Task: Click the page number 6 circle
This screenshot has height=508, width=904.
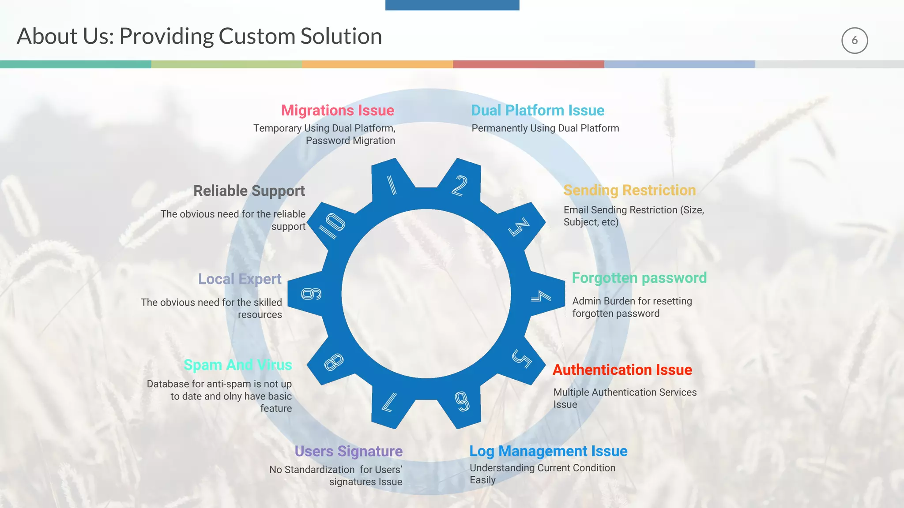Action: [x=855, y=41]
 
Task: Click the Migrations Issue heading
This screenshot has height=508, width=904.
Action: [x=338, y=110]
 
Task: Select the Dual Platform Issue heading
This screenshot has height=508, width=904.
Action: [x=538, y=110]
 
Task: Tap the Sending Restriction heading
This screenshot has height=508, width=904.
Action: [x=629, y=190]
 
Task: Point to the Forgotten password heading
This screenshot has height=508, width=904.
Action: [x=639, y=278]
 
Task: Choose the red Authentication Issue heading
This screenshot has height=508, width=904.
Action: [x=622, y=370]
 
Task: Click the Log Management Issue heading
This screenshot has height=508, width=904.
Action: [x=548, y=451]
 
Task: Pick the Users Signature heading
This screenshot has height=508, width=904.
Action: [x=349, y=451]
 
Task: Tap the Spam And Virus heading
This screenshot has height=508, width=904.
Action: [x=238, y=365]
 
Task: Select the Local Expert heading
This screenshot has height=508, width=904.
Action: [x=240, y=279]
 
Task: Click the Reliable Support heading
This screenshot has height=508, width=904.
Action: [x=249, y=191]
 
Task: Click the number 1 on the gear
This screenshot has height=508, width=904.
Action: [x=392, y=185]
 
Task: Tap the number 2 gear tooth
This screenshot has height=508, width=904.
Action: [x=460, y=186]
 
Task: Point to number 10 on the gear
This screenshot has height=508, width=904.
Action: [x=332, y=225]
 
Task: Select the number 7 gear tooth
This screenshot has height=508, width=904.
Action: [x=389, y=403]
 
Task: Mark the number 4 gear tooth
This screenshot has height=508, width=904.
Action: [x=541, y=296]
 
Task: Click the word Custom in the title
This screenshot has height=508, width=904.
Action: [x=257, y=36]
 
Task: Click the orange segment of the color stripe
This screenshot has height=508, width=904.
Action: [x=377, y=64]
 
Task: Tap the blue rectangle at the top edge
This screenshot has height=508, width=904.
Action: [x=452, y=5]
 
